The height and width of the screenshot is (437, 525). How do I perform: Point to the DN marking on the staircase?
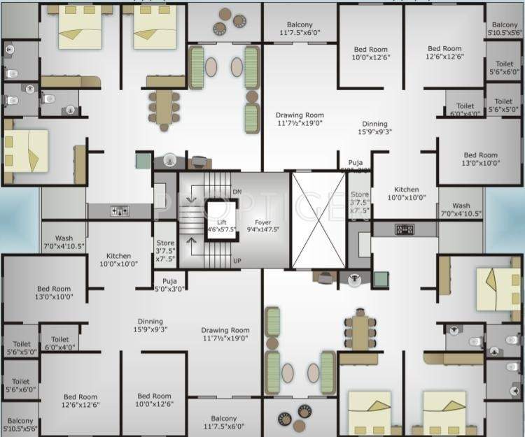pyautogui.click(x=237, y=191)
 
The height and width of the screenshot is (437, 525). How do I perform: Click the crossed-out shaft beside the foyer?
pyautogui.click(x=318, y=220)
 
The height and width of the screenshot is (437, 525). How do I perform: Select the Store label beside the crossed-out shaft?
pyautogui.click(x=360, y=202)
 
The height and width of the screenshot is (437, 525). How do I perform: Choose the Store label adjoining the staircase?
pyautogui.click(x=165, y=250)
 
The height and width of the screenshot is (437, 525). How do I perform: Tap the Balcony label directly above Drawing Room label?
pyautogui.click(x=300, y=28)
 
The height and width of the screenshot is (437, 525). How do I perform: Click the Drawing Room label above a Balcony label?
pyautogui.click(x=225, y=335)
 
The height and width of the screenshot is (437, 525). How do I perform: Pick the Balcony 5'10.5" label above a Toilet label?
pyautogui.click(x=504, y=29)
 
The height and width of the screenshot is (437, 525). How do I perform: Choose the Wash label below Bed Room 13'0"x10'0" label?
pyautogui.click(x=461, y=210)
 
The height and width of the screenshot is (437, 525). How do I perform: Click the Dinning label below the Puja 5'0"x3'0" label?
pyautogui.click(x=150, y=326)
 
